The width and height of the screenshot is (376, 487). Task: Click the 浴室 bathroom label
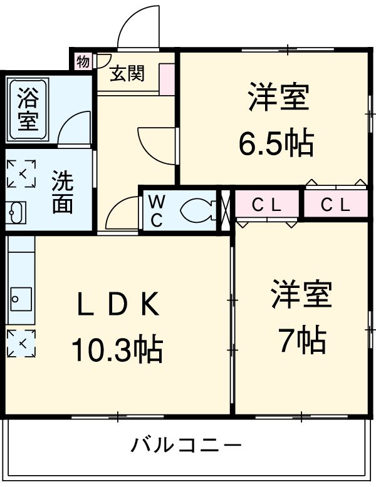click(x=27, y=108)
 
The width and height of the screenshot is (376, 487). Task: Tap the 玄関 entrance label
click(x=128, y=73)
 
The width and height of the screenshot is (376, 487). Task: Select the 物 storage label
click(x=83, y=61)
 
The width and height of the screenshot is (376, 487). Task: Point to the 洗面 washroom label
click(x=62, y=193)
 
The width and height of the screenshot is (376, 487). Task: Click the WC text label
click(x=157, y=211)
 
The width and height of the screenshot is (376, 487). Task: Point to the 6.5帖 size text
click(x=276, y=144)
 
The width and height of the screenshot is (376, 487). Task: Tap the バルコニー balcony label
click(x=186, y=446)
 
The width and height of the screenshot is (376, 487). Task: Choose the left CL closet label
click(x=266, y=205)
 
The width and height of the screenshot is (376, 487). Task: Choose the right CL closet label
click(x=335, y=205)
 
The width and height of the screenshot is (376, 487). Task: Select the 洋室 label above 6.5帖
click(x=278, y=98)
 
